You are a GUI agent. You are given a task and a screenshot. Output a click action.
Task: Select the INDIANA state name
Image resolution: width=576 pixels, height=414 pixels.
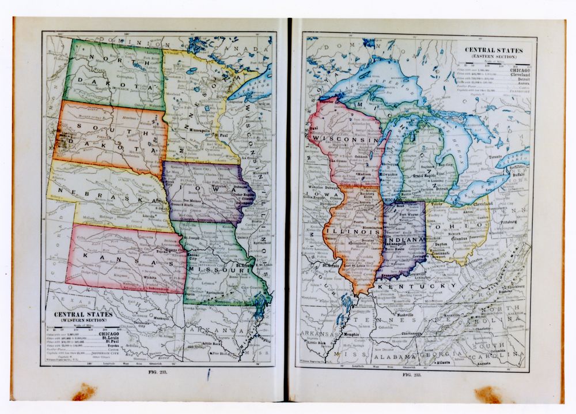click(406, 239)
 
